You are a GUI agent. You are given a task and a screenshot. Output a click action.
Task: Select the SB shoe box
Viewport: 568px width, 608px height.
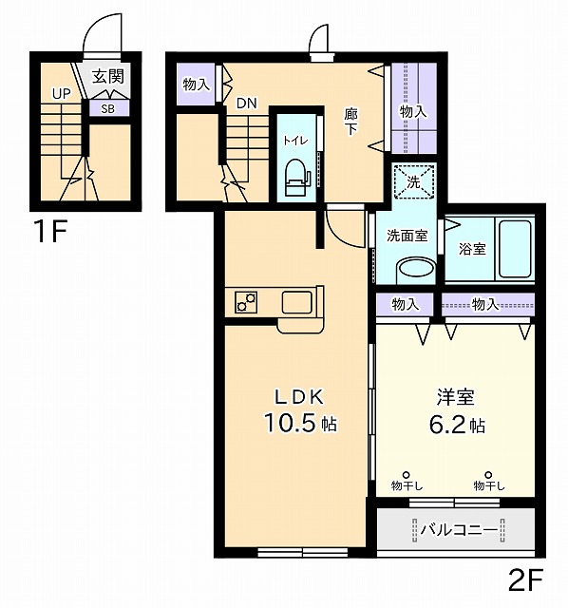[109, 107]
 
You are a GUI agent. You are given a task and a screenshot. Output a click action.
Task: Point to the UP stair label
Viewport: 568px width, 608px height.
[62, 93]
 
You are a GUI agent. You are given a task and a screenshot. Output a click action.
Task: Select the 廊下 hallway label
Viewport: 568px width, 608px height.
[350, 121]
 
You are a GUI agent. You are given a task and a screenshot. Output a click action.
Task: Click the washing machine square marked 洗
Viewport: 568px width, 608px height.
[414, 181]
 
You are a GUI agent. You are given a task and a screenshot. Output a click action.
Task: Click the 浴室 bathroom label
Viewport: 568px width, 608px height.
[472, 249]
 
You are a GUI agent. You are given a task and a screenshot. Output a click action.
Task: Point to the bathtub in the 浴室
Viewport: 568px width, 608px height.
[514, 248]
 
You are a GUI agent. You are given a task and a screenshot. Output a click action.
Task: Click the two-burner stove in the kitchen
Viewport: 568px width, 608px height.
[247, 303]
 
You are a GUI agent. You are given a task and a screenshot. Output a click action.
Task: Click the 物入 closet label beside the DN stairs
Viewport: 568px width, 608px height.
[196, 85]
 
